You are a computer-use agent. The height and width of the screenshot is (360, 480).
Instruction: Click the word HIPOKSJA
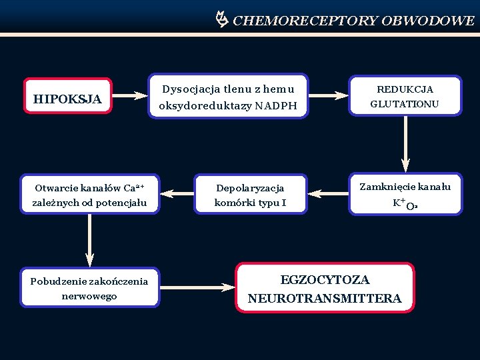tap(67, 99)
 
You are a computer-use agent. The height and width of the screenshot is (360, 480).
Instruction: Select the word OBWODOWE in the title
tap(428, 21)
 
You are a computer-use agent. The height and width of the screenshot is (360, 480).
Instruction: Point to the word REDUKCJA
tap(405, 89)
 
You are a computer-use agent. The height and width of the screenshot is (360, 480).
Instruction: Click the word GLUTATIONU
tap(405, 104)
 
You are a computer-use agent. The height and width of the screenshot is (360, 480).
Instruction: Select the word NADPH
tap(276, 105)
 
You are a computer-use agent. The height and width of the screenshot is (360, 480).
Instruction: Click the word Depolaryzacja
tap(250, 188)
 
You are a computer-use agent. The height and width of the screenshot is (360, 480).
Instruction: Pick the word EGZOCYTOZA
tap(325, 280)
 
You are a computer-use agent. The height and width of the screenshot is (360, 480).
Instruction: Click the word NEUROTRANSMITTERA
tap(325, 299)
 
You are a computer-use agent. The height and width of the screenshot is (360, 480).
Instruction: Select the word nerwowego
tap(89, 295)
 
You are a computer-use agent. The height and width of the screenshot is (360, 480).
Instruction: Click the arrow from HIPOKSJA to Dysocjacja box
tap(129, 95)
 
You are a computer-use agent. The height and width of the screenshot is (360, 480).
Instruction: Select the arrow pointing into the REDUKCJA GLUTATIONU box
tap(329, 95)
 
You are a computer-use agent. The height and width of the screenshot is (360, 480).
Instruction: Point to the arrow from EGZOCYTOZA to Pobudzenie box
tap(198, 288)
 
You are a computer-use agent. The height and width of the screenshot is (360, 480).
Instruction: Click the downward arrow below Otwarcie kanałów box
tap(89, 240)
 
